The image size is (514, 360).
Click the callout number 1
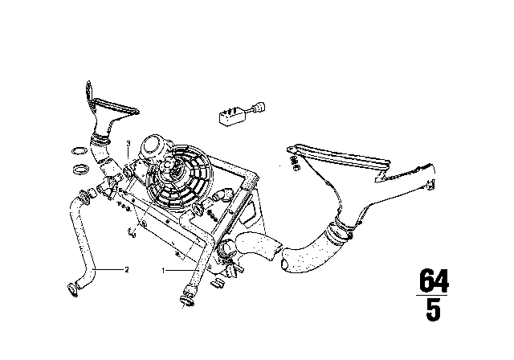163,271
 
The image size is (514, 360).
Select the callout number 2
127,270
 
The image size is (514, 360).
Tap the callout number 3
128,143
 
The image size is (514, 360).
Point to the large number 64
434,280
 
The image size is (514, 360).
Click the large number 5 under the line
434,310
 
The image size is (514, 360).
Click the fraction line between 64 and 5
432,296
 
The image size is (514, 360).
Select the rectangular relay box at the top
232,117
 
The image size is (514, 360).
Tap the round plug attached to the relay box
260,107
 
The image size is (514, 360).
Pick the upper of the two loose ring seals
79,151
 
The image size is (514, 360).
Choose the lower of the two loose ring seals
80,170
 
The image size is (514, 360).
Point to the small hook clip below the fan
132,231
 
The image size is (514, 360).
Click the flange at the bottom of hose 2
73,290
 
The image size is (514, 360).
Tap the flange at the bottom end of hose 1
187,301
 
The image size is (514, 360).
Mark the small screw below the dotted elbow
212,215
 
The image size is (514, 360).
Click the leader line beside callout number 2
108,269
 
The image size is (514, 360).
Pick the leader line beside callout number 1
180,270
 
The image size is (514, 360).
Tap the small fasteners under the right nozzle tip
295,163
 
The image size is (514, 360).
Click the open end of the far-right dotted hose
284,264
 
